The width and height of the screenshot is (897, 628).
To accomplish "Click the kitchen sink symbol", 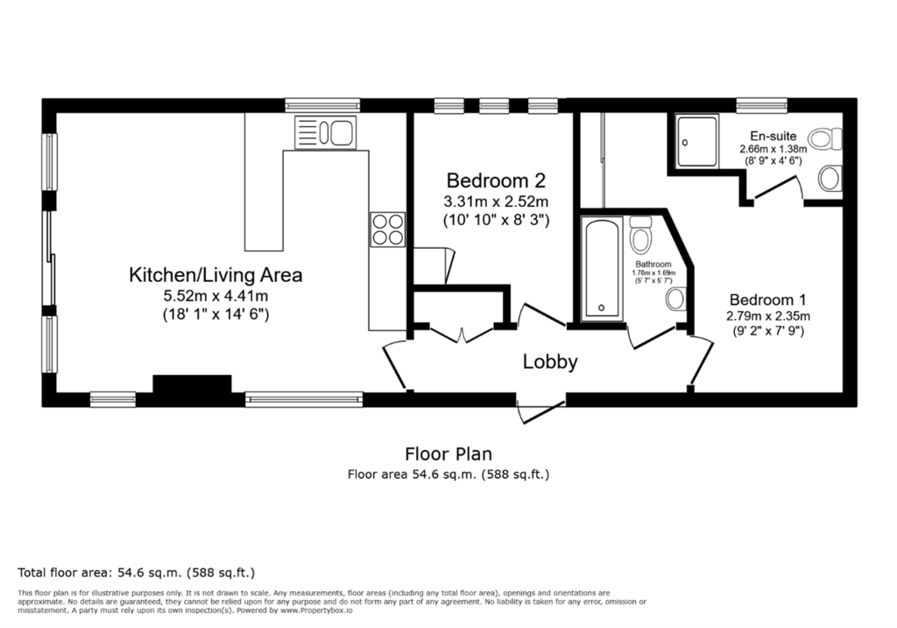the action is pos(326,132).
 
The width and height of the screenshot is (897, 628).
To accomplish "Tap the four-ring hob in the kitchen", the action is pos(387,229).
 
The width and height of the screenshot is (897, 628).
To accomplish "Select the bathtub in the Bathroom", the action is pos(602,267).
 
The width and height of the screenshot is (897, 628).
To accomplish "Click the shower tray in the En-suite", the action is pos(696,141).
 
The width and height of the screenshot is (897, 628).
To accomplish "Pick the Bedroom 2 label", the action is pos(496,180).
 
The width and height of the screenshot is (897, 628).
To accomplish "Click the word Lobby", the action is pos(550,362).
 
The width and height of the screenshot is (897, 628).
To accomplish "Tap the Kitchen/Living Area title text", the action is pos(215,275).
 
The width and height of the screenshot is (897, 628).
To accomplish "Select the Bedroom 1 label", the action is pos(767,300).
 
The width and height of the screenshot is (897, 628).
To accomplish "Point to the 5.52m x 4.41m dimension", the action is pos(215,296).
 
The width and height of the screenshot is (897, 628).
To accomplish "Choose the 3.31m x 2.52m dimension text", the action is pos(496,201).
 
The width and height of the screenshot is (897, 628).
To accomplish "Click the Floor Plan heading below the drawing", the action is pos(448,454).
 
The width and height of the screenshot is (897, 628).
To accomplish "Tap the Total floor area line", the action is pos(136,573).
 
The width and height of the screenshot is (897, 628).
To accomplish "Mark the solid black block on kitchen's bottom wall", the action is pos(192,384).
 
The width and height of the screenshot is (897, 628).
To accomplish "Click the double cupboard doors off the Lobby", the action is pos(462,334).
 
